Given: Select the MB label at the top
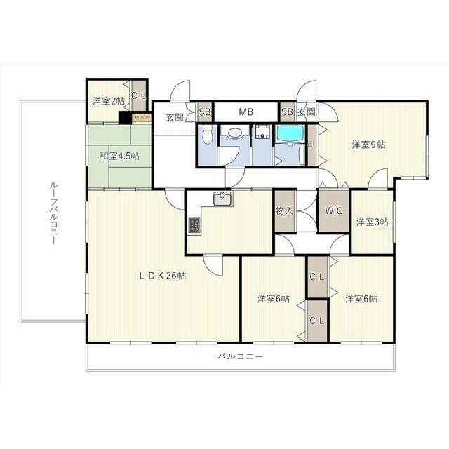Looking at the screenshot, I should coord(246,112).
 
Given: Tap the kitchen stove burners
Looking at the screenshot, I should coord(194,226).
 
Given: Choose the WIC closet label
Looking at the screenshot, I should coord(333,210).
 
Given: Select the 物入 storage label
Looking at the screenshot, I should coord(283,210).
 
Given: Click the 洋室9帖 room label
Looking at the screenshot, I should coord(368,145).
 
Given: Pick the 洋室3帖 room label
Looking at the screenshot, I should coord(372,222).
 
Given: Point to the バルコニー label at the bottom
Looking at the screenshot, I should coord(240,356).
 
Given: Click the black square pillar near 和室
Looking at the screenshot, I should coord(125,118).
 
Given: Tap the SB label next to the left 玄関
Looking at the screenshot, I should coord(205,112).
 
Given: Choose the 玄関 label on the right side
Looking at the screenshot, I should coord(306,112).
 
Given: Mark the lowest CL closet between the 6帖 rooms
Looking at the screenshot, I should coord(317,321).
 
